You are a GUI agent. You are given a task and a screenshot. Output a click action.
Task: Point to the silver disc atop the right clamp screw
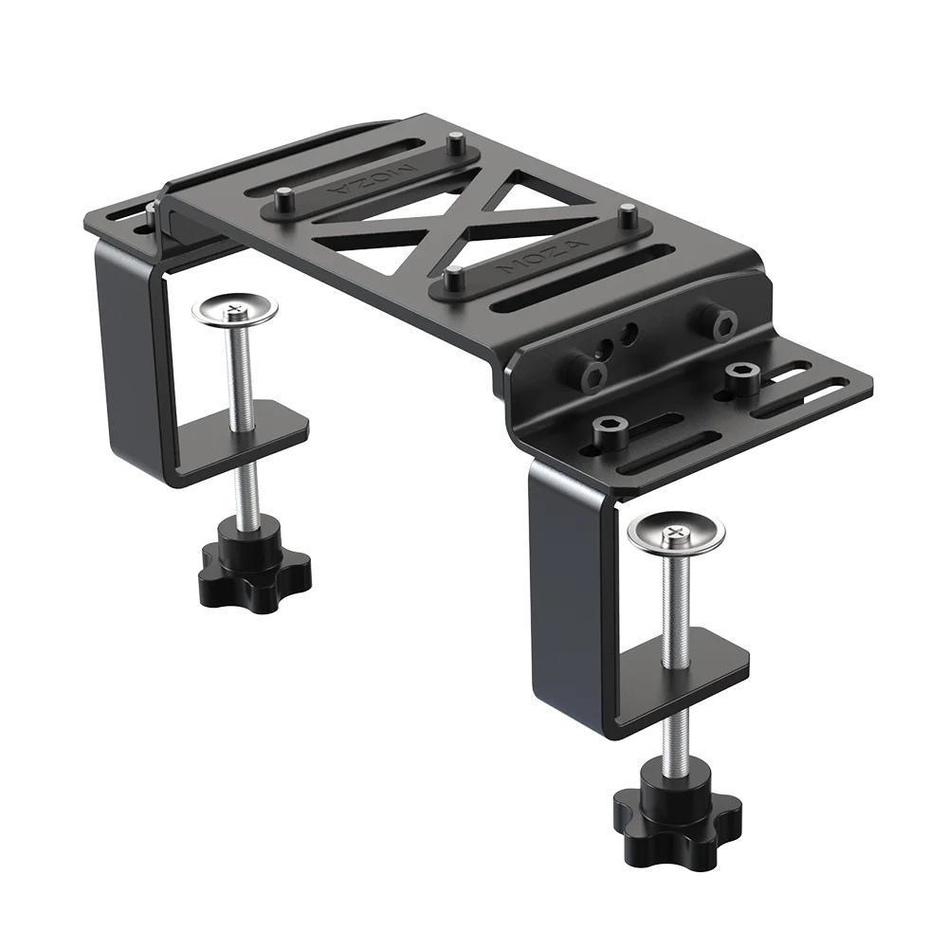pyautogui.click(x=676, y=534)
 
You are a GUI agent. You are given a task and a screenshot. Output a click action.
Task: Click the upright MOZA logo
pyautogui.click(x=547, y=257)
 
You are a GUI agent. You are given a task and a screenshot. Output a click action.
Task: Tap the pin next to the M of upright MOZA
pyautogui.click(x=453, y=278)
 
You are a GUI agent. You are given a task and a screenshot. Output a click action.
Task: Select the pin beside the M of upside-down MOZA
pyautogui.click(x=457, y=146)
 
